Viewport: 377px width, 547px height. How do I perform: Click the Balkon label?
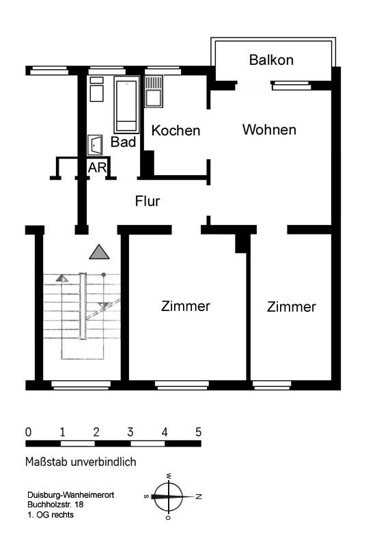pos(271,60)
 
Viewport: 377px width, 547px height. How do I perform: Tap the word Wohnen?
pos(269,130)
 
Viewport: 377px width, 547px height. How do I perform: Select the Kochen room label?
pos(176,131)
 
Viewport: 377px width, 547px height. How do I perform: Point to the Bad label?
pos(124,142)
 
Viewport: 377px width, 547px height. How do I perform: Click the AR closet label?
pos(97,168)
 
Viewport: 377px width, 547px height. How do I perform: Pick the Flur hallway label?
pos(148,201)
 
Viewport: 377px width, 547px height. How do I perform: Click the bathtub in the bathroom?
pos(126,105)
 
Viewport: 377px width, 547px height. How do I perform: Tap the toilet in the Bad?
pos(95,145)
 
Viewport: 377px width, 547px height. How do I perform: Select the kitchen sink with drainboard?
pos(154,92)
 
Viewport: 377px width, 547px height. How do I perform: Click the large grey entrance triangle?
pos(99,252)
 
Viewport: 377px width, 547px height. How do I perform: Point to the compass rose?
pos(169,496)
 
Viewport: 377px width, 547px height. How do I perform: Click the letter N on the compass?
pos(199,496)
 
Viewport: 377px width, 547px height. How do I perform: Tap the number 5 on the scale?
pos(198,432)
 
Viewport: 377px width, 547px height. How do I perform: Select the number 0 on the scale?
pos(28,432)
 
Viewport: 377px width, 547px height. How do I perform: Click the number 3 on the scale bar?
pos(130,432)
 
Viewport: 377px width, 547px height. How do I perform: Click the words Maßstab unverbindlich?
pos(81,462)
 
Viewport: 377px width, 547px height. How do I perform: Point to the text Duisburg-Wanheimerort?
pos(71,495)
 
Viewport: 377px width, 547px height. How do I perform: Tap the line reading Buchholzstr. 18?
pos(55,505)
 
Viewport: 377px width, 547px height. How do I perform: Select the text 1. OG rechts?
pos(51,515)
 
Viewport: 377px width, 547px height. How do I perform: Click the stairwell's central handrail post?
pos(83,306)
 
